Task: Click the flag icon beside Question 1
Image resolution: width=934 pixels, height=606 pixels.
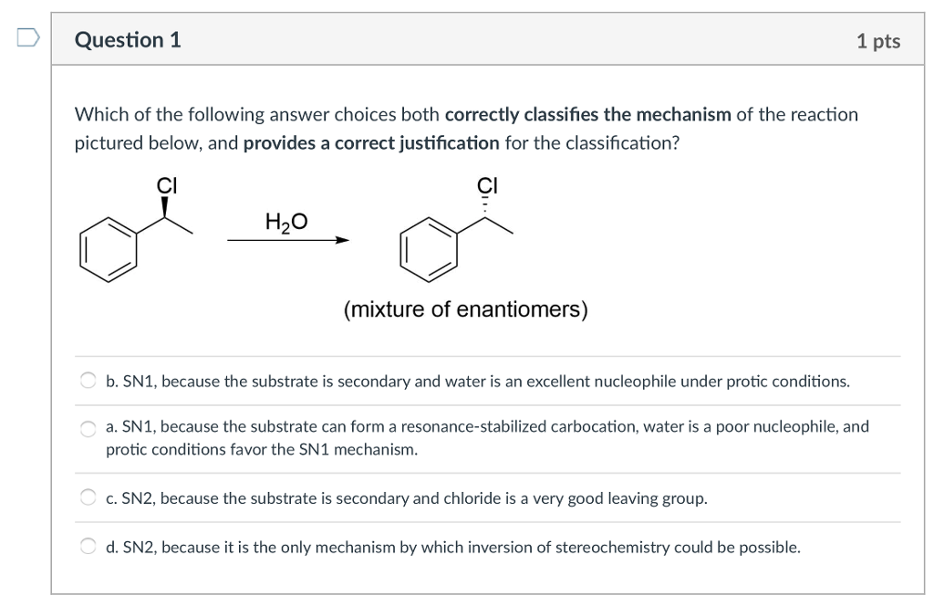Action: click(x=28, y=37)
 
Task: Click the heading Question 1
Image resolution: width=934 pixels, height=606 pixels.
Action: click(x=128, y=40)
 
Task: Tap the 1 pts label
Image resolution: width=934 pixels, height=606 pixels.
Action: click(x=878, y=40)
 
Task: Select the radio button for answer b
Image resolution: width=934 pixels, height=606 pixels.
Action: click(x=88, y=381)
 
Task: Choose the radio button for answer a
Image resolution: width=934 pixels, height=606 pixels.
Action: click(x=88, y=428)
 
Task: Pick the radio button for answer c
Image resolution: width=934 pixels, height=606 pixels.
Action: click(x=88, y=497)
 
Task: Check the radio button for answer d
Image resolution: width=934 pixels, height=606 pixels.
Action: click(x=88, y=546)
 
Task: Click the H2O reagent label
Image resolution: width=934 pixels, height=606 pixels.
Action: click(x=286, y=223)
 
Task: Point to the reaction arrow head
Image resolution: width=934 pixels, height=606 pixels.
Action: click(x=342, y=240)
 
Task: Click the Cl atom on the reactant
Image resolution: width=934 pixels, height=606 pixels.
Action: click(x=167, y=185)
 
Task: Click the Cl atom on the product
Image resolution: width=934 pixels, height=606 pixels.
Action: click(x=487, y=185)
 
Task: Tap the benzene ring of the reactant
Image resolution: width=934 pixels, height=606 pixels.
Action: click(x=109, y=249)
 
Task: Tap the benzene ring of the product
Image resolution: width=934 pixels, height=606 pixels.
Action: click(x=429, y=249)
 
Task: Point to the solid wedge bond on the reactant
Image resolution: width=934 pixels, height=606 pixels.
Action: click(x=165, y=207)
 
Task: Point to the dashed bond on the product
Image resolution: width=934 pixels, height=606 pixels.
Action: click(x=485, y=207)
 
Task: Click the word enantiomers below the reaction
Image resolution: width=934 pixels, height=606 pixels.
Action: click(x=518, y=309)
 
